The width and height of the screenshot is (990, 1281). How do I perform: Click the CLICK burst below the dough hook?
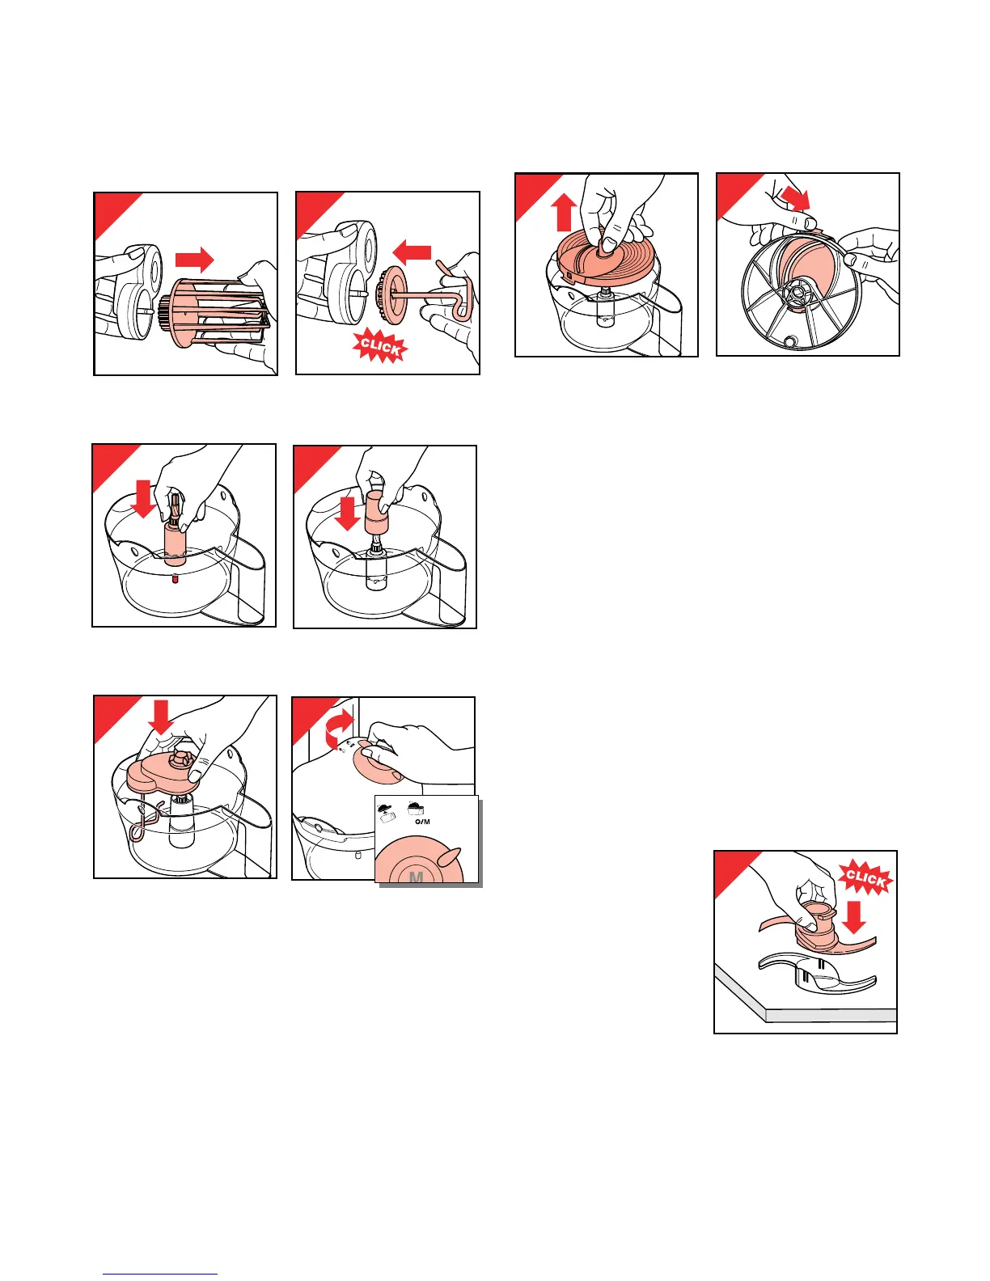pos(379,346)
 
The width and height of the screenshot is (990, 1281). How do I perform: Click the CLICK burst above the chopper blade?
pos(865,877)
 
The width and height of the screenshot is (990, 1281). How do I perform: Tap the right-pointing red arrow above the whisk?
pos(195,260)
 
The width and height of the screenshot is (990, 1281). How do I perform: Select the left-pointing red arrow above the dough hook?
pos(412,252)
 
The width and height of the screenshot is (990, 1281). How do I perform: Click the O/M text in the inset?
pos(422,821)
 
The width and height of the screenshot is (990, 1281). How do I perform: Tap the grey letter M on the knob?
pos(416,877)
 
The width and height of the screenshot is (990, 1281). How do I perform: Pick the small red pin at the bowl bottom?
pos(175,581)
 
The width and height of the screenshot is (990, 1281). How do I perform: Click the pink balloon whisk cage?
pos(218,313)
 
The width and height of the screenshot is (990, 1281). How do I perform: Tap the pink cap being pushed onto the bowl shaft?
pos(378,514)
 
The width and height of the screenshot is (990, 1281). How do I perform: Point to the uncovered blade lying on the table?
pos(817,977)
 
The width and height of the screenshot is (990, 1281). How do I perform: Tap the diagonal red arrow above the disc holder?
pos(795,198)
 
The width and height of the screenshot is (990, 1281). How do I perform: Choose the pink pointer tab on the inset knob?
pos(450,856)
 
